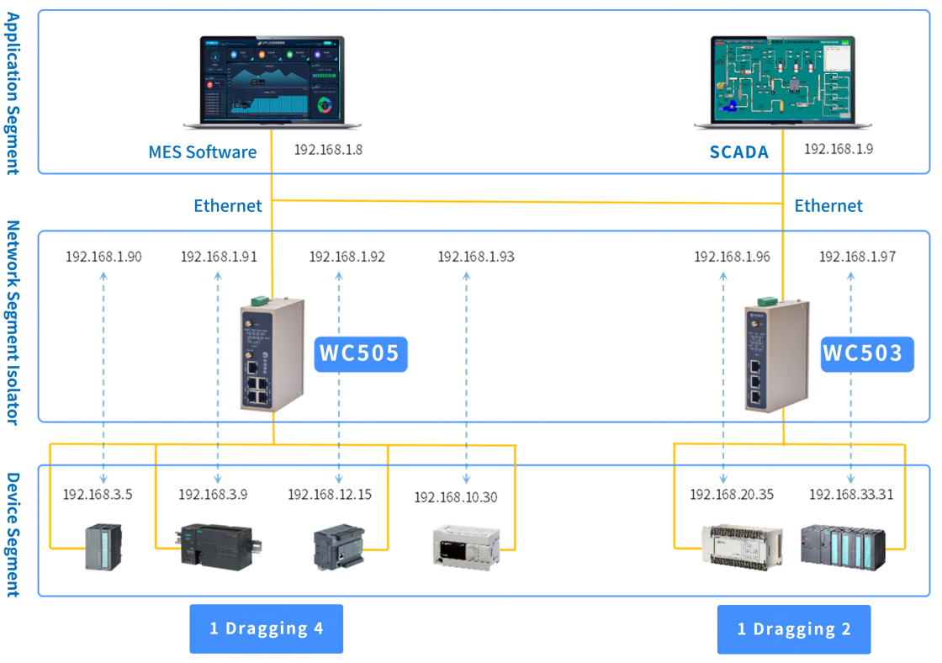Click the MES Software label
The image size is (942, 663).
pyautogui.click(x=202, y=152)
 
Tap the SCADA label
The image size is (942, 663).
pyautogui.click(x=738, y=152)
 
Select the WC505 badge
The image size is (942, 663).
pyautogui.click(x=361, y=353)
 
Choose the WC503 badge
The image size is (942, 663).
pyautogui.click(x=867, y=353)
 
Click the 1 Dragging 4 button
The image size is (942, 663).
pyautogui.click(x=266, y=629)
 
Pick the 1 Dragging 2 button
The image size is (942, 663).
pyautogui.click(x=794, y=629)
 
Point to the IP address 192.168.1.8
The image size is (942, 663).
pyautogui.click(x=328, y=151)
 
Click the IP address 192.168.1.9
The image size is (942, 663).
pyautogui.click(x=839, y=150)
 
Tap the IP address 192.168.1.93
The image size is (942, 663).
pyautogui.click(x=475, y=257)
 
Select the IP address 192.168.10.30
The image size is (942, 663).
pyautogui.click(x=455, y=497)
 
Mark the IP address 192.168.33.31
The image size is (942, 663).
pyautogui.click(x=851, y=494)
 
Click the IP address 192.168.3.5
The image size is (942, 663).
pyautogui.click(x=98, y=494)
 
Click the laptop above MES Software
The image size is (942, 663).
pyautogui.click(x=273, y=82)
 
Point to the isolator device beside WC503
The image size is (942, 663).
pyautogui.click(x=776, y=353)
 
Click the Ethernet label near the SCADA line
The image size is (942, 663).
pyautogui.click(x=828, y=206)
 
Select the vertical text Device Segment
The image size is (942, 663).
pyautogui.click(x=13, y=534)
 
